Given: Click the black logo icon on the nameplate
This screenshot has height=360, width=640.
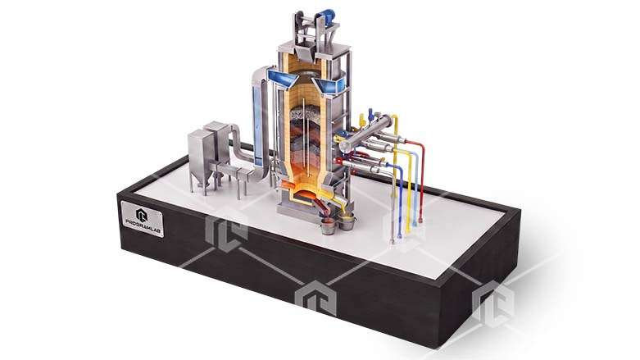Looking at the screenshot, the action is [142, 215].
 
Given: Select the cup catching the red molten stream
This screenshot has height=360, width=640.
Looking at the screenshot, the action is [328, 227].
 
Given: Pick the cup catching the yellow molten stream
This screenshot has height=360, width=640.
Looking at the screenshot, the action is [347, 223].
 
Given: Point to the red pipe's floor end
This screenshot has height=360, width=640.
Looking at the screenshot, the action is [420, 221].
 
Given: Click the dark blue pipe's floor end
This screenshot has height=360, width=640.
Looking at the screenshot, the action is [399, 235].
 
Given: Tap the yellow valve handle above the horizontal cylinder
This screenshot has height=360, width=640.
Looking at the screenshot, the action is [361, 120].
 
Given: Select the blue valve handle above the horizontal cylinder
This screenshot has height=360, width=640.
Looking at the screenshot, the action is [371, 115].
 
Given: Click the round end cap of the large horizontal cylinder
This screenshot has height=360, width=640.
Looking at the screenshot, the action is [345, 146].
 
